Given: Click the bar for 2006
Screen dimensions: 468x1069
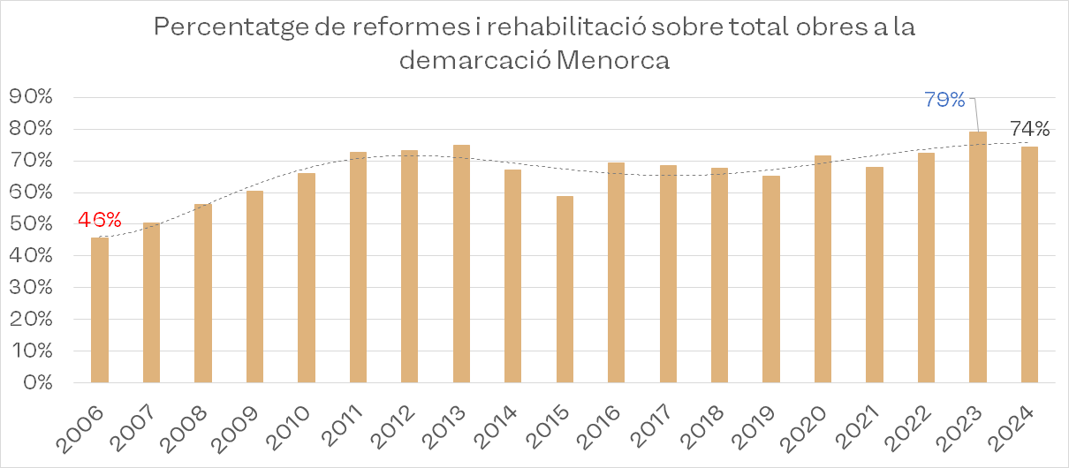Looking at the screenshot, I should [100, 310].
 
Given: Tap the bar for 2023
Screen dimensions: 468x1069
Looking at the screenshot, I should [978, 257].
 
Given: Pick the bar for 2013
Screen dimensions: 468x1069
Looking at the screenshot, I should [461, 264].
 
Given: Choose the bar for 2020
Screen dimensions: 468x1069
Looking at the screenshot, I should [823, 269].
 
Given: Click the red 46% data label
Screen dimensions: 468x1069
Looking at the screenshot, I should [100, 219].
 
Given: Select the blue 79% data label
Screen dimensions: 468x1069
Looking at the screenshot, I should [944, 100].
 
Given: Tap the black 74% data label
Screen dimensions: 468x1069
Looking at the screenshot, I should [1028, 129].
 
